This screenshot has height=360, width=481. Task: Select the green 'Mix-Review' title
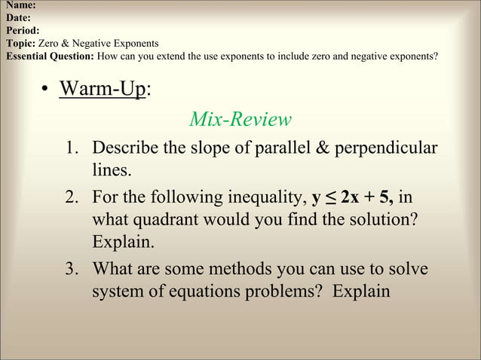point(240,119)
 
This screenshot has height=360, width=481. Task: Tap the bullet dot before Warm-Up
point(47,90)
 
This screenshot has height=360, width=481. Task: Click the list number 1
point(72,148)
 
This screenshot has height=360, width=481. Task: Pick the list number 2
point(72,199)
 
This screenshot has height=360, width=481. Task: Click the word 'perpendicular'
point(391,148)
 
